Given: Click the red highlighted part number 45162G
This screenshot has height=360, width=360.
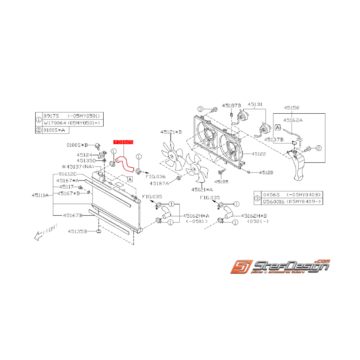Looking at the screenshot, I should tap(123, 142).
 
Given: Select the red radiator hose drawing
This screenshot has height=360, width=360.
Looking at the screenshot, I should tap(125, 163).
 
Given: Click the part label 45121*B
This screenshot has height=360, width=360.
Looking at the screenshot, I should tap(171, 132).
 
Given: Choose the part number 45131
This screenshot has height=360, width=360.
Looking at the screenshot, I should tap(255, 104).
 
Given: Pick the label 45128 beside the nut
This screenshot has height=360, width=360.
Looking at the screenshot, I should tap(266, 172).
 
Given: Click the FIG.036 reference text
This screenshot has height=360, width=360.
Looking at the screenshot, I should tap(155, 176).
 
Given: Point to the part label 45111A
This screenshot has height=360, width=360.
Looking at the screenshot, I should tap(40, 196).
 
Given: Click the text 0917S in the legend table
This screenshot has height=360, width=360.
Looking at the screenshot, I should tap(51, 116).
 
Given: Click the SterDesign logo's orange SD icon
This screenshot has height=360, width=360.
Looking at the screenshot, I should tap(240, 267).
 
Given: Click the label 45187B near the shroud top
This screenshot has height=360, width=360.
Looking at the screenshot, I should tap(231, 105).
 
